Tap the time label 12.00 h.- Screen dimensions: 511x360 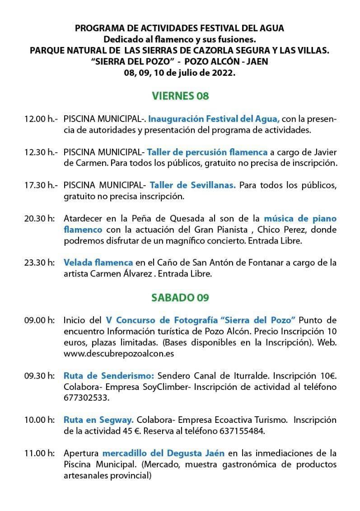(x=41, y=119)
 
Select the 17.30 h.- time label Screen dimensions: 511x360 (x=41, y=185)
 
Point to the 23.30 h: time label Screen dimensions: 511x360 (x=40, y=263)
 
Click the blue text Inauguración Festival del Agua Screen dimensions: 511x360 (x=214, y=119)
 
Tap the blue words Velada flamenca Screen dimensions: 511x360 (x=98, y=263)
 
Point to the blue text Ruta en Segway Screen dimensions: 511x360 (x=98, y=419)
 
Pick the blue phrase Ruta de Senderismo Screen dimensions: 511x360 (x=109, y=375)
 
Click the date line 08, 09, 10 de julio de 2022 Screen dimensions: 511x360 (x=180, y=72)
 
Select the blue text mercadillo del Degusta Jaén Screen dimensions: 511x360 (x=164, y=453)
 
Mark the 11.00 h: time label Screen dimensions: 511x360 (x=40, y=453)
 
